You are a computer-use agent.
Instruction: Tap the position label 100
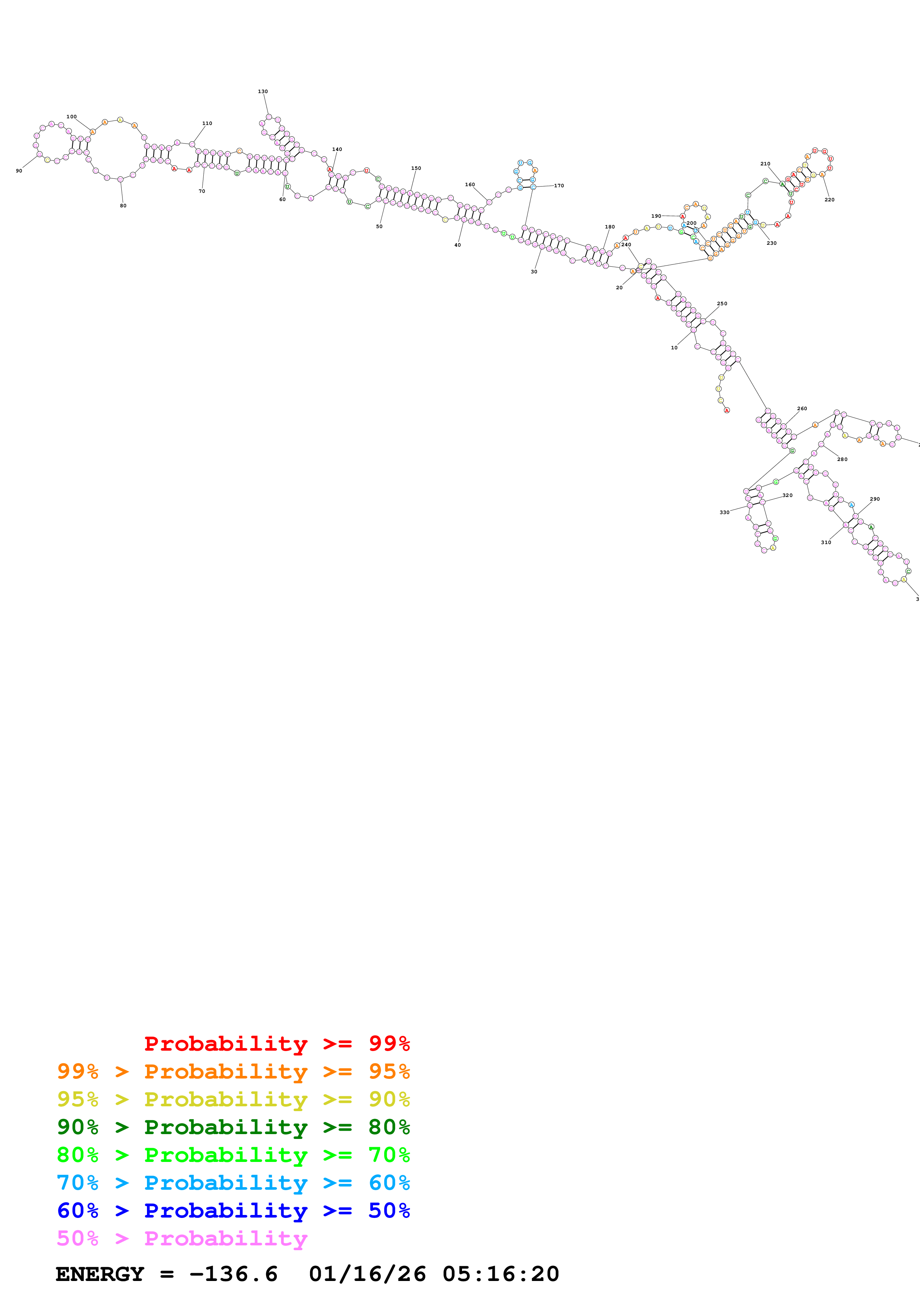coord(71,117)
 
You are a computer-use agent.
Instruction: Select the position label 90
coord(19,171)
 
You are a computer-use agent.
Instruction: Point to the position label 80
coord(123,206)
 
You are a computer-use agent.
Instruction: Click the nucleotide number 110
coord(207,123)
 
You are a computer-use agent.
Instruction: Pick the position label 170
coord(559,185)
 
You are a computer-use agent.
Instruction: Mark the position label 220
coord(829,200)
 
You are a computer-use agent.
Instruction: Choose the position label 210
coord(765,164)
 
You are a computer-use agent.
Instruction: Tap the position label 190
coord(656,216)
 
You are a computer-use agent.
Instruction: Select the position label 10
coord(674,348)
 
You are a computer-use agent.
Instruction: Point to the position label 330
coord(724,512)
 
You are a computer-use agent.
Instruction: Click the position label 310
coord(826,542)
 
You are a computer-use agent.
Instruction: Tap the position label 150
coord(416,168)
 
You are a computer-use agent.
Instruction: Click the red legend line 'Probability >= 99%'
coord(276,1043)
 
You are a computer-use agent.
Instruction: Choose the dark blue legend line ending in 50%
coord(233,1211)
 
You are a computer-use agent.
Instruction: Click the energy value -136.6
coord(233,1274)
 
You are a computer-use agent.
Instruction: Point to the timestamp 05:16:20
coord(501,1274)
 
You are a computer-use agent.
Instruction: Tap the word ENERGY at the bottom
coord(100,1274)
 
